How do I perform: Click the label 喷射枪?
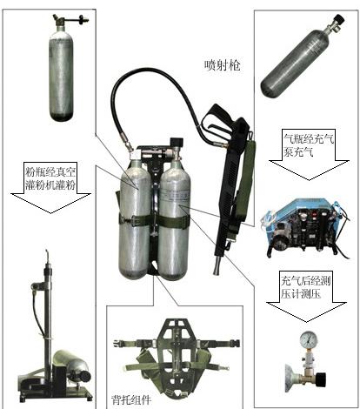click(223, 65)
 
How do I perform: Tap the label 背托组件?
click(131, 399)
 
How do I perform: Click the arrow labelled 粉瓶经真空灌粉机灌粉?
click(50, 187)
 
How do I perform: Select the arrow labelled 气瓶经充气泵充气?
click(309, 154)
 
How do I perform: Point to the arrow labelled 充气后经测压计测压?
click(306, 296)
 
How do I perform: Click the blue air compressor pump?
click(306, 229)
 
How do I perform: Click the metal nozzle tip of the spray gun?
click(217, 268)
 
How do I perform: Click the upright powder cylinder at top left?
click(61, 74)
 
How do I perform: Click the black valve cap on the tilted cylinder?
click(339, 20)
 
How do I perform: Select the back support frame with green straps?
click(176, 359)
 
